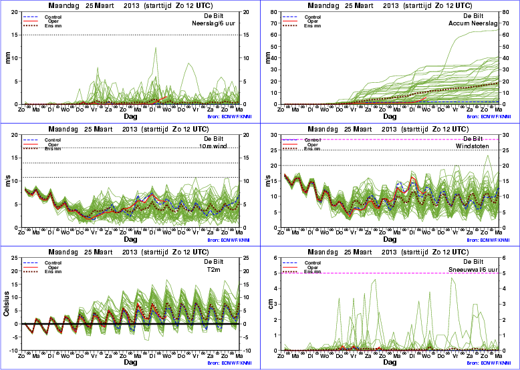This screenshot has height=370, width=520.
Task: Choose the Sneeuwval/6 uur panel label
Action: [476, 270]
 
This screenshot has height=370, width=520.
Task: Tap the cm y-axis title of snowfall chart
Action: [268, 305]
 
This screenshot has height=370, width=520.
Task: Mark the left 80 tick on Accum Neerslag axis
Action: [275, 11]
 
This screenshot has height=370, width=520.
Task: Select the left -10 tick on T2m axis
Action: [13, 351]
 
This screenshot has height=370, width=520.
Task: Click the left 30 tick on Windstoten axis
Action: [275, 135]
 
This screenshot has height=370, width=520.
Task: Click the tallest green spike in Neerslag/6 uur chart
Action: [156, 48]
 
